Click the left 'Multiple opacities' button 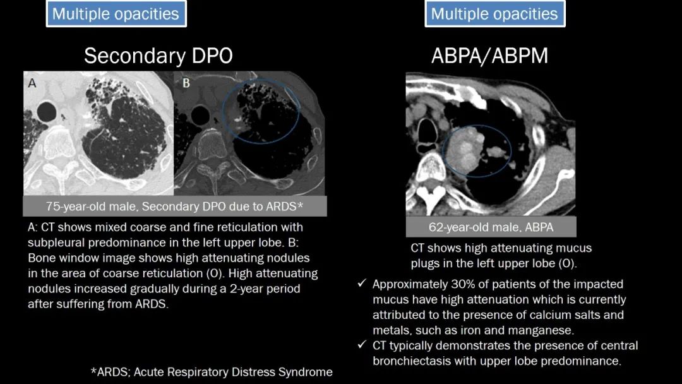pos(116,13)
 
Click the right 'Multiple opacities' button pos(495,13)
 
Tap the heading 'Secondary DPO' pos(159,56)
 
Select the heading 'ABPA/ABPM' pos(490,56)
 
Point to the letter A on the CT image pos(32,83)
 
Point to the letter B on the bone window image pos(186,83)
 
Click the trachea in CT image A pos(47,112)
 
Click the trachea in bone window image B pos(200,115)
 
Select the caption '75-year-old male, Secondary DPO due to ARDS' pos(174,206)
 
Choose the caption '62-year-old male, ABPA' pos(491,227)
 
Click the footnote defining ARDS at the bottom pos(212,372)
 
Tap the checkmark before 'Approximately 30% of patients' pos(362,284)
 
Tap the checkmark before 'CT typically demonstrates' pos(362,345)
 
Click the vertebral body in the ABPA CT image pos(431,168)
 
